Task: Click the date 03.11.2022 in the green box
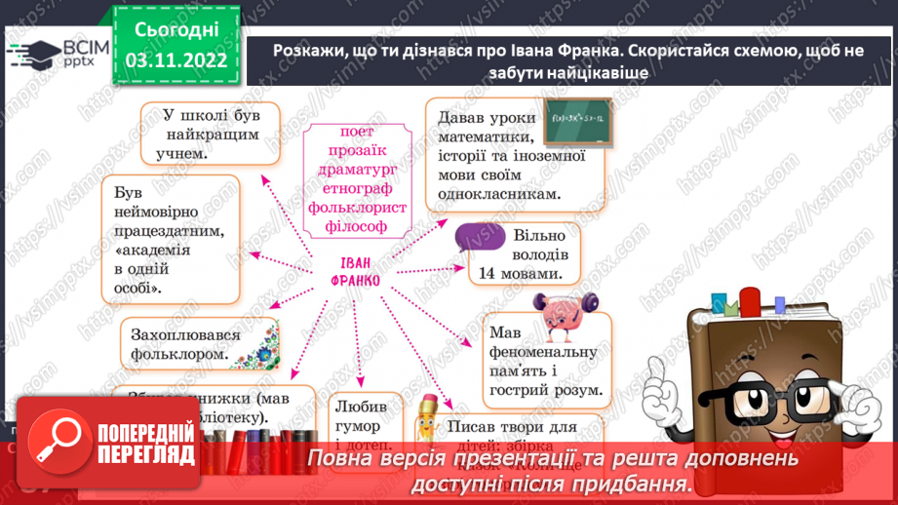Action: pyautogui.click(x=176, y=60)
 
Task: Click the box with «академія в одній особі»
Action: pyautogui.click(x=171, y=239)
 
